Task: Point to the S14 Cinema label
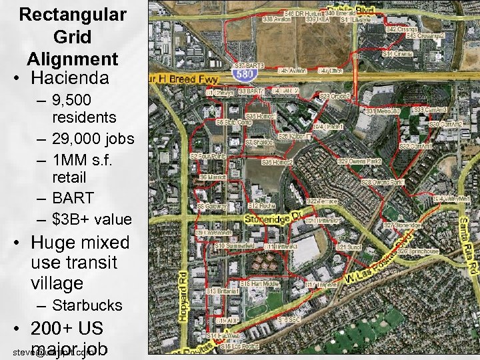[397, 53]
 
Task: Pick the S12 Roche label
[261, 206]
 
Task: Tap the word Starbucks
[87, 305]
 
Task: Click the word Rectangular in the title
[73, 14]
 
